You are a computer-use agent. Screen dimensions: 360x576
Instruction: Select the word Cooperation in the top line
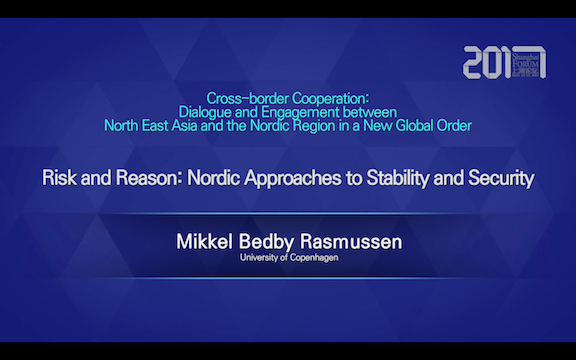point(330,98)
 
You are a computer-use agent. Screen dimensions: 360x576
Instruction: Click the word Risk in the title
point(59,180)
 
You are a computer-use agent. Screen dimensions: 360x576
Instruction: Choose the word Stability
point(401,180)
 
